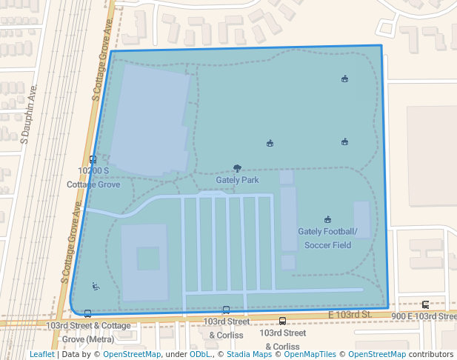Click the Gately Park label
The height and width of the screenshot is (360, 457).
237,180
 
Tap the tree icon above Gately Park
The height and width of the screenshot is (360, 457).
237,169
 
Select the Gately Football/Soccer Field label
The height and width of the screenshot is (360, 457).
327,238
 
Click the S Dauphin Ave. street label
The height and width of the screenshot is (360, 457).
29,115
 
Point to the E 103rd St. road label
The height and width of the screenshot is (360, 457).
349,315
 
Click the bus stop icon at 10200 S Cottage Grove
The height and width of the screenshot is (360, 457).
93,159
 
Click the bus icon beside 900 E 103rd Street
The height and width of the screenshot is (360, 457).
425,304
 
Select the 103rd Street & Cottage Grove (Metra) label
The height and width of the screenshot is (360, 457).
88,332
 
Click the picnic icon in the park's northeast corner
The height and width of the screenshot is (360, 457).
344,79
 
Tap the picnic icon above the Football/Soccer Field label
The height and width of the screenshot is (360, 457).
327,219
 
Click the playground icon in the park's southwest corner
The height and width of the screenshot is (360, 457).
95,286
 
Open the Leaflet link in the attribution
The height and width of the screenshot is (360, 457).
41,354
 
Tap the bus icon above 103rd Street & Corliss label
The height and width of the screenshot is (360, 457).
226,310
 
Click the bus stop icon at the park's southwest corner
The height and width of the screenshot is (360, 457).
87,313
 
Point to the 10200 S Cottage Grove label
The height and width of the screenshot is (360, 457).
93,177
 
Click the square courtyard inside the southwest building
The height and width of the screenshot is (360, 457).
148,259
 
